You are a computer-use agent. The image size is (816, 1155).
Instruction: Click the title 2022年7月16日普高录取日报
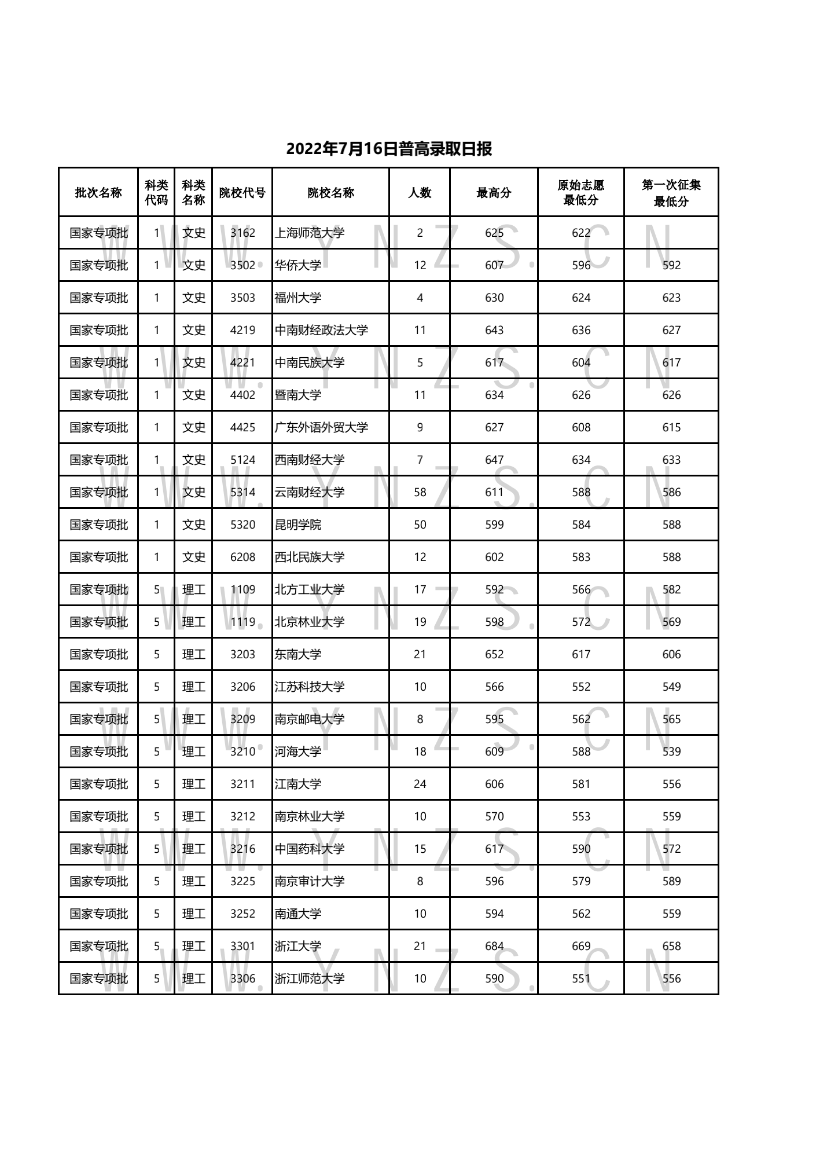click(x=389, y=149)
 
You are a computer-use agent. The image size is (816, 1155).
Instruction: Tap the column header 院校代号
click(x=242, y=193)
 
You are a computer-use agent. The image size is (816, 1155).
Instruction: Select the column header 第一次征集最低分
click(x=671, y=193)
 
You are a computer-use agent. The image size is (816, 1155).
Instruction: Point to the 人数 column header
click(x=420, y=193)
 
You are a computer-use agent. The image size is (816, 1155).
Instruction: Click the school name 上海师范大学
click(x=310, y=233)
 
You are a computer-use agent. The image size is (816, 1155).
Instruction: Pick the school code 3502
click(x=242, y=265)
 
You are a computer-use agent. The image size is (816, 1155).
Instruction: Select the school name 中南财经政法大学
click(x=321, y=330)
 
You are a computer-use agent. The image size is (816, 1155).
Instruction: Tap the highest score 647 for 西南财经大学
click(x=494, y=460)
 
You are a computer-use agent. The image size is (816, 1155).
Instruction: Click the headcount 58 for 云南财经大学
click(x=420, y=492)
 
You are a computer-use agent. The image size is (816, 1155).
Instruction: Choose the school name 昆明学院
click(x=298, y=525)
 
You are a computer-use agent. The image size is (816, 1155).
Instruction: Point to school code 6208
click(x=242, y=557)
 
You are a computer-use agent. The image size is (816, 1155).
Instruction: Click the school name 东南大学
click(x=298, y=654)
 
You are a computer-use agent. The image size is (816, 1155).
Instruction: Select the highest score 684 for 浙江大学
click(x=494, y=946)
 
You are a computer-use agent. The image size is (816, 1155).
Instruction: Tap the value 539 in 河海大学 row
click(x=671, y=751)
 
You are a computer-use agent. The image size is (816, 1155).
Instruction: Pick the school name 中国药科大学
click(x=310, y=849)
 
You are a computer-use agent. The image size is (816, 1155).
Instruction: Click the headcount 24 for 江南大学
click(x=420, y=784)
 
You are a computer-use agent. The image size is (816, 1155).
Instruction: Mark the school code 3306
click(x=242, y=978)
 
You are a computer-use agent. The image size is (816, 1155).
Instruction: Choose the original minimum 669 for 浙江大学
click(x=581, y=946)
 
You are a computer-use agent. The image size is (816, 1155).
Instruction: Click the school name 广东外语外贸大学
click(x=321, y=427)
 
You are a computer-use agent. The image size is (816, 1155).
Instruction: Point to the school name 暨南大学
click(x=298, y=395)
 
